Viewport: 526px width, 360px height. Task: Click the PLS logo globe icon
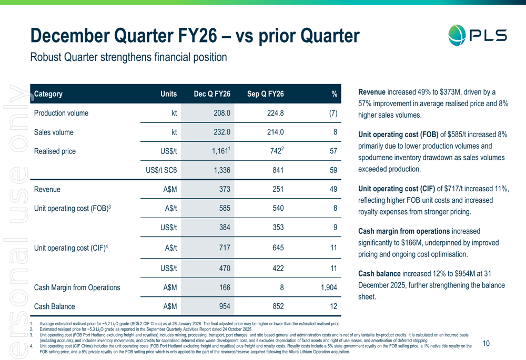pos(457,35)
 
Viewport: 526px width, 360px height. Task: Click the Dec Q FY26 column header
pos(212,94)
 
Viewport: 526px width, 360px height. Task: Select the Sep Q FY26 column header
pos(265,94)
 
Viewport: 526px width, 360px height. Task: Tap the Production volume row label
pos(61,113)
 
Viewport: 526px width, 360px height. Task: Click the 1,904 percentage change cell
pos(327,287)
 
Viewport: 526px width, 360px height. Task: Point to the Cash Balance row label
pos(54,306)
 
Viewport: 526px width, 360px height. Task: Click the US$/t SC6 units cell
pos(161,170)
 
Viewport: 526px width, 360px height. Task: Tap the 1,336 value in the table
pos(221,170)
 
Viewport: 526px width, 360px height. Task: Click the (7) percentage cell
pos(331,113)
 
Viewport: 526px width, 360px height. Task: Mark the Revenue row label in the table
pos(47,189)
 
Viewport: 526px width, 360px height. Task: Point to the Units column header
pos(168,94)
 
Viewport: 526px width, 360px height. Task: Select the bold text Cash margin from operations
pos(403,231)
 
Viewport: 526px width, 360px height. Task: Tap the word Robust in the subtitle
pos(46,57)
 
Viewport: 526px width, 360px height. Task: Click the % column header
pos(333,94)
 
